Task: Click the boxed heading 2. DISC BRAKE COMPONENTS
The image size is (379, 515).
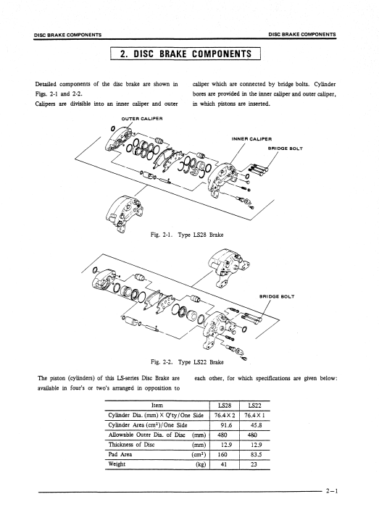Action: click(186, 54)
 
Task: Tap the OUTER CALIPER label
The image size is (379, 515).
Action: click(142, 119)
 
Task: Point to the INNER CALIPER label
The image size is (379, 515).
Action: click(251, 139)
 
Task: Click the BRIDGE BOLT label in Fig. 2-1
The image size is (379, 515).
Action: click(286, 148)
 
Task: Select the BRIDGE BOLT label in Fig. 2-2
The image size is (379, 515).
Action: click(277, 296)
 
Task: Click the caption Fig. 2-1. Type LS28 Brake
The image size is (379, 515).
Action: click(187, 235)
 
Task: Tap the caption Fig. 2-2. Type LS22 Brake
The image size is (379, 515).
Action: click(187, 362)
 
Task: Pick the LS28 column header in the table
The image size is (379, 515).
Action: click(225, 406)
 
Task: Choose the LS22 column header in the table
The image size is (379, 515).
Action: click(255, 406)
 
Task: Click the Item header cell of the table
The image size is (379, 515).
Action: click(157, 406)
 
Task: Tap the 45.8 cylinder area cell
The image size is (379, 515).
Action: click(256, 425)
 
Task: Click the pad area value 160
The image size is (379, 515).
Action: click(222, 455)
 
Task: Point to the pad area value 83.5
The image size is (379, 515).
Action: click(256, 455)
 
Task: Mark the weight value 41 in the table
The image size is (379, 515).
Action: click(224, 464)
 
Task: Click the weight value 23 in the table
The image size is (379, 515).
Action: click(254, 464)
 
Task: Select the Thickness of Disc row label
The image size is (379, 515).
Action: click(131, 445)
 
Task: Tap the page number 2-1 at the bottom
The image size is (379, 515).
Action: click(332, 491)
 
